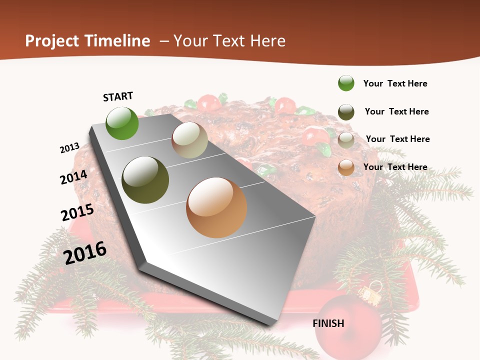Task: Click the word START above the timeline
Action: [118, 96]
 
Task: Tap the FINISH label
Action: [328, 323]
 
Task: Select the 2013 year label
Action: [69, 148]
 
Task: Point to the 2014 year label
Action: [73, 177]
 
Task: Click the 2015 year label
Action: [77, 212]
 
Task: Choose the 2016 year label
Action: [85, 252]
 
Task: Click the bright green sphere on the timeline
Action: [122, 123]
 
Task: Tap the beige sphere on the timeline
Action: [189, 140]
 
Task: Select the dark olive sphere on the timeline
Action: [145, 180]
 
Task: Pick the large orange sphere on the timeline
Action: [216, 207]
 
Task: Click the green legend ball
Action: [346, 83]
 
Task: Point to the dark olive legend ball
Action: [346, 112]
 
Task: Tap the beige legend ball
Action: [346, 140]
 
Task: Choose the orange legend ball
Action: [346, 167]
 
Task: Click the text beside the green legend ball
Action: [395, 83]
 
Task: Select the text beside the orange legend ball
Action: [395, 167]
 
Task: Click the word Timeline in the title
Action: [117, 41]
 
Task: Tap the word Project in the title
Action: [52, 41]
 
